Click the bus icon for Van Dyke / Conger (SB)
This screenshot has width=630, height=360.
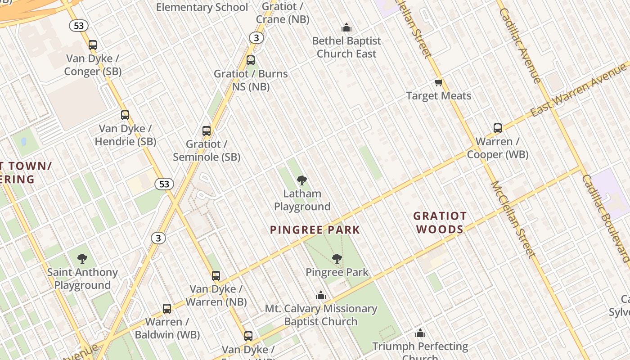point(93,45)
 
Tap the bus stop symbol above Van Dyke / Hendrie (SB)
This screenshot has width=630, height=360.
point(125,115)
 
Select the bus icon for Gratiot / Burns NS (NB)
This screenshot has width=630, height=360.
point(251,60)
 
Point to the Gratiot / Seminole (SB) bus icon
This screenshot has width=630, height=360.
point(207,131)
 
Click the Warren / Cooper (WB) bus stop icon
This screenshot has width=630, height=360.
point(498,128)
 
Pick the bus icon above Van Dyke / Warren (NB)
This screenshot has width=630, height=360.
point(216,276)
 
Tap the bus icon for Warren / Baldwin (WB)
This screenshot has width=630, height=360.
point(167,309)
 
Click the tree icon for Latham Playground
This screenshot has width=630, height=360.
point(302,181)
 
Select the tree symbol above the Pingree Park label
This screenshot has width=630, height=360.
point(337,259)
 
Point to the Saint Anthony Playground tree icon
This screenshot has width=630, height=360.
point(82,259)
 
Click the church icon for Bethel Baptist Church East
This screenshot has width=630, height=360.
point(346,28)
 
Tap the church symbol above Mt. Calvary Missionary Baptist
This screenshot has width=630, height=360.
point(321,296)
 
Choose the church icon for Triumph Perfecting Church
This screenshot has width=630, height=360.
point(420,333)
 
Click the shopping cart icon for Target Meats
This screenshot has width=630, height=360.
point(439,83)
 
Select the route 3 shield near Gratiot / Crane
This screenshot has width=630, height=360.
point(256,38)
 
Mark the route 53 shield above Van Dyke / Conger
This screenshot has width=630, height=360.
point(79,26)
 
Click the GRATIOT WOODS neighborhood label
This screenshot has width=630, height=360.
point(440,223)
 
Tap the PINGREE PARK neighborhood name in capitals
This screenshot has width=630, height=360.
point(315,230)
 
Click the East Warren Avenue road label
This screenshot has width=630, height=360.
point(579,90)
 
